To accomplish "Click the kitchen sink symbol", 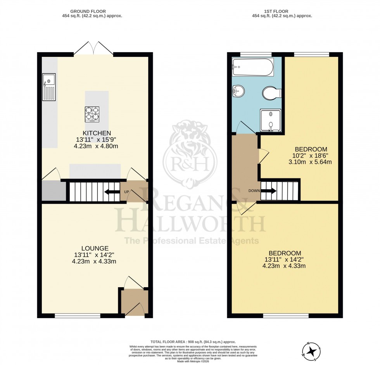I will [49, 87].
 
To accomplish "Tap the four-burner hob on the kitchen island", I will [92, 114].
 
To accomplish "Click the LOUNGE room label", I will [95, 248].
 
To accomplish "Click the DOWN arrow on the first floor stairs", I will [268, 191].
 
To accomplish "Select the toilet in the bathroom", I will [271, 93].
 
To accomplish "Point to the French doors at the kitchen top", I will [94, 50].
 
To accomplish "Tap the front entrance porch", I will [134, 302].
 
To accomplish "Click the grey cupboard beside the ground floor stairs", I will [53, 191].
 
